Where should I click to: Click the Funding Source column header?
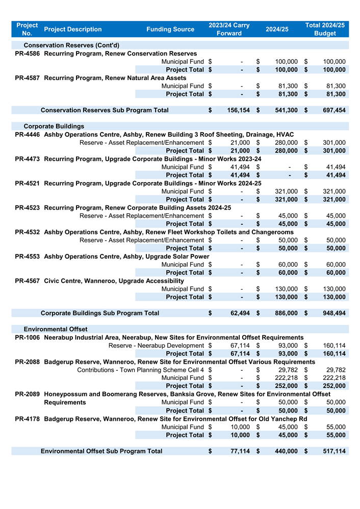(170, 29)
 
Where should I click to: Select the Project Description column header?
(73, 29)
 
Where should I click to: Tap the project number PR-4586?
(28, 54)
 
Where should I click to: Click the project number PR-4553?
(28, 257)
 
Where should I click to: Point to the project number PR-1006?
(28, 338)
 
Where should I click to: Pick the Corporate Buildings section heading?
(54, 126)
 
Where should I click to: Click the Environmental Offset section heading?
(56, 329)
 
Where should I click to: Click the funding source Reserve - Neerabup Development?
(156, 346)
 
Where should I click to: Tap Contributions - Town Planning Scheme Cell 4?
(140, 370)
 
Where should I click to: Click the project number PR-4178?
(28, 419)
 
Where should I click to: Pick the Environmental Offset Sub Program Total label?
(101, 451)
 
